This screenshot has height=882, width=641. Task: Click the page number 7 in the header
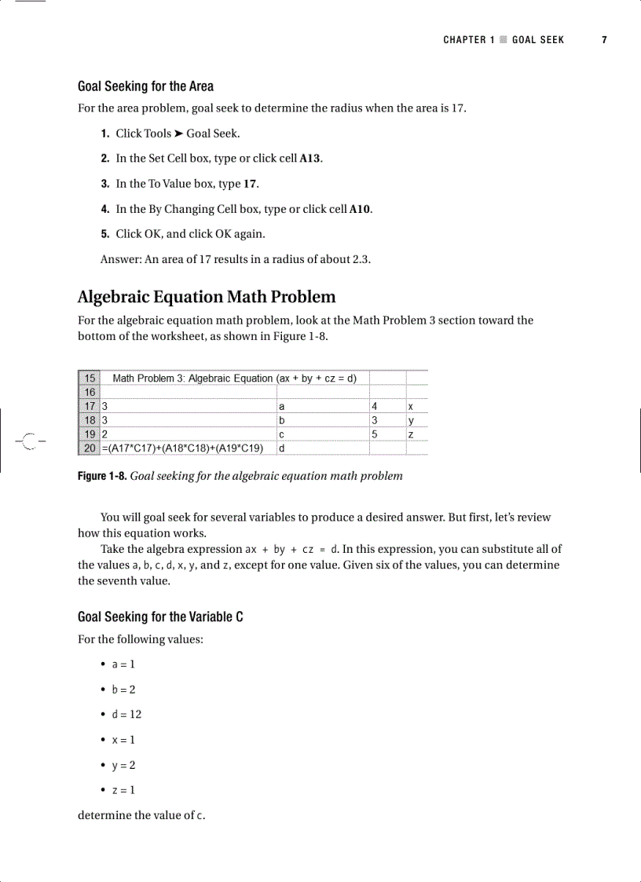604,40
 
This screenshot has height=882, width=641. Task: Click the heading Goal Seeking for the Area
145,86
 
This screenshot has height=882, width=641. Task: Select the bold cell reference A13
311,159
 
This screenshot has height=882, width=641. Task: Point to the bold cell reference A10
360,209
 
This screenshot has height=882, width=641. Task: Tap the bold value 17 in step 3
250,184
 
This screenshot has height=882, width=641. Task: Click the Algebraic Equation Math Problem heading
207,297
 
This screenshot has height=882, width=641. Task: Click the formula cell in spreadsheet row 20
182,448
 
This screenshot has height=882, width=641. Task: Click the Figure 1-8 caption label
101,476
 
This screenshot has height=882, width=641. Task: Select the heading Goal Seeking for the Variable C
160,617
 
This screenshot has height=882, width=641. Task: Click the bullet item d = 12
126,715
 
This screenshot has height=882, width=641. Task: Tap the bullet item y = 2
123,765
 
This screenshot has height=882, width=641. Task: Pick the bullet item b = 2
123,690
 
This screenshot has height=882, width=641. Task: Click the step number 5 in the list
104,234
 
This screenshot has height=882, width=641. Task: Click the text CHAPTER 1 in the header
469,40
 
